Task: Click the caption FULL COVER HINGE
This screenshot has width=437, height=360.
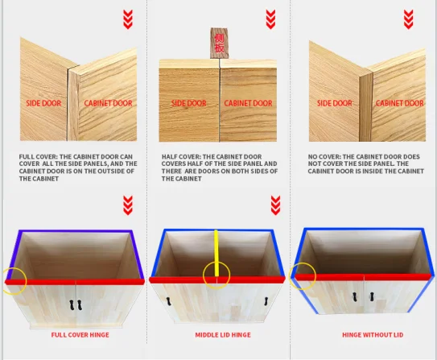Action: coord(80,334)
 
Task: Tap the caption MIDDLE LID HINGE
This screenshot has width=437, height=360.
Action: coord(223,334)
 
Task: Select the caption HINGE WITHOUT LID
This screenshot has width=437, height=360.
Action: coord(373,334)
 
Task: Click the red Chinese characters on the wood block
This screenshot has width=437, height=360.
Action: coord(220,43)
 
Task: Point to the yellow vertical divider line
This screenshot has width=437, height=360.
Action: coord(216,253)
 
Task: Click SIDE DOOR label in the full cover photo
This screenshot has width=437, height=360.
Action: coord(43,103)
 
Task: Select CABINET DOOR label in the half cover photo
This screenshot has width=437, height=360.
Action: coord(248,103)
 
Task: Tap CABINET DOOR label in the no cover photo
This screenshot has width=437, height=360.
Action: coord(400,103)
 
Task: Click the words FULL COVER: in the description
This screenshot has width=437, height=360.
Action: coord(38,157)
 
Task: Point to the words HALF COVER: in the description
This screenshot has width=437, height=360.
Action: coord(181,157)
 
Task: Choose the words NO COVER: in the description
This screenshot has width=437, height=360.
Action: coord(324,157)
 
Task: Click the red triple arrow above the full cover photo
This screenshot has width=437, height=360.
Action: coord(128,19)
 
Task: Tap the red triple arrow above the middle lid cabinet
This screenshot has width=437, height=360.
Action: coord(275,205)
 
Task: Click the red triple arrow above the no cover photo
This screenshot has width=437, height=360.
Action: coord(408,19)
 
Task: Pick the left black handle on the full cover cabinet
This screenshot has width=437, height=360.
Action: coord(72,304)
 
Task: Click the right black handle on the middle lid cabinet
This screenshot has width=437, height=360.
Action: coord(266,301)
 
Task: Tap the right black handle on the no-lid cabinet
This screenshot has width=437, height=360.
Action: coord(372,296)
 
